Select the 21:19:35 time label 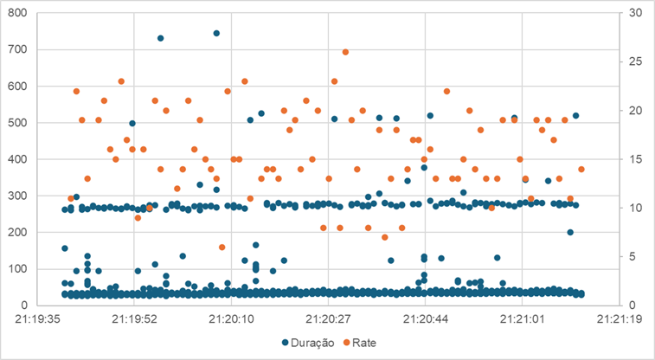click(38, 318)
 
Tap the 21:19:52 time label click(135, 318)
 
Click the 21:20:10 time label click(232, 318)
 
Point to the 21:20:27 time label click(329, 318)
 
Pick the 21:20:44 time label click(426, 318)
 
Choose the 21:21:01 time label click(523, 318)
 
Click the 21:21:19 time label click(620, 318)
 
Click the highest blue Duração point click(216, 34)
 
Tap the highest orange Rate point click(345, 52)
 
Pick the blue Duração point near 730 click(160, 38)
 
